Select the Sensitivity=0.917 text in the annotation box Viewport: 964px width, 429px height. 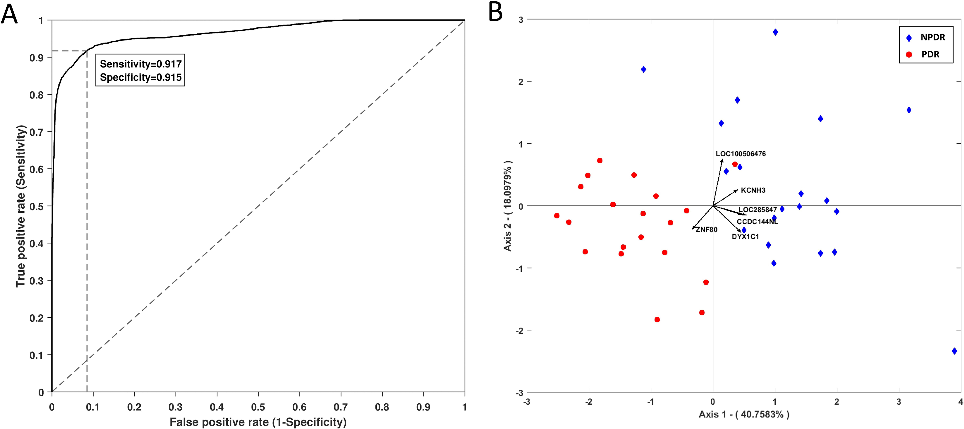tap(140, 64)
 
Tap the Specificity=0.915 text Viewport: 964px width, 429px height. tap(140, 78)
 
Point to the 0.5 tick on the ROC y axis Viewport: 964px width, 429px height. tap(36, 206)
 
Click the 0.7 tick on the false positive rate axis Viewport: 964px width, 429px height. tap(341, 407)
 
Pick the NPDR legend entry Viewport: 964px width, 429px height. tap(933, 37)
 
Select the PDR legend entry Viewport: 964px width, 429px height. tap(930, 54)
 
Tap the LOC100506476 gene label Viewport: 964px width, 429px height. tap(741, 154)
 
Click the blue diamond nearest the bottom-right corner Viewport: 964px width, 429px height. tap(954, 351)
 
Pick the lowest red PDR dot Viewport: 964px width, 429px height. tap(657, 320)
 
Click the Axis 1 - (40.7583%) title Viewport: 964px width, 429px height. tap(744, 414)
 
